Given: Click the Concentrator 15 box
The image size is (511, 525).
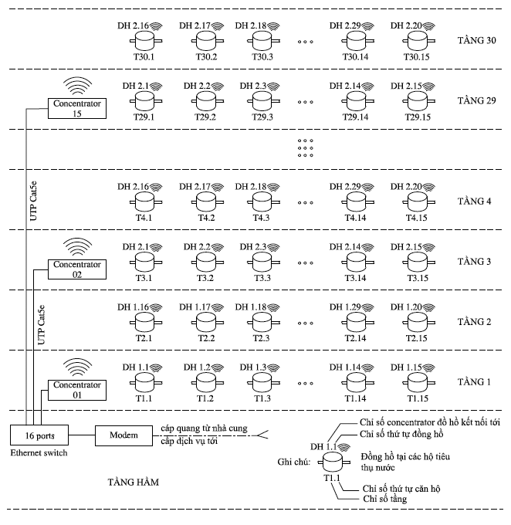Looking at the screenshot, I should tap(76, 108).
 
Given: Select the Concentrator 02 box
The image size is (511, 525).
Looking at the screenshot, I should tap(76, 269).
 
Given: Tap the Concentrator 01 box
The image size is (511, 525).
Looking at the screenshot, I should tap(76, 390).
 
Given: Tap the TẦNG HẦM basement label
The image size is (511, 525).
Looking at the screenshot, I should tap(134, 482).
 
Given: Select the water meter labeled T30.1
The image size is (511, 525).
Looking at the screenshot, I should tap(144, 39).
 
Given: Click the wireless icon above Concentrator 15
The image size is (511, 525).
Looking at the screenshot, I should tap(75, 84).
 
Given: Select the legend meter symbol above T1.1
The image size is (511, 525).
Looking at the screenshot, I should tap(332, 461).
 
